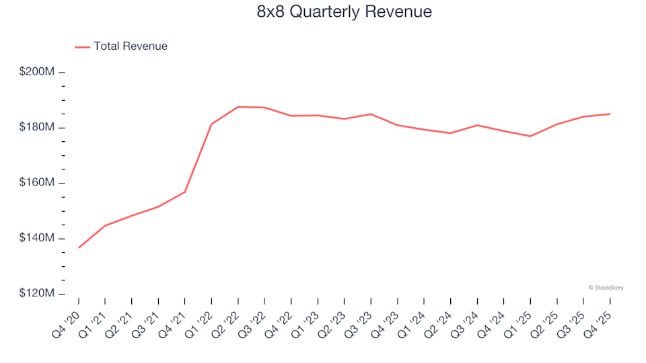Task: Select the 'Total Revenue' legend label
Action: click(x=131, y=46)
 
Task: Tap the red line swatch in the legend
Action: click(x=82, y=46)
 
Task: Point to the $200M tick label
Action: click(x=38, y=72)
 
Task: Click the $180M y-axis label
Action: click(x=38, y=128)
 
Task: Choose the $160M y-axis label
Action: click(x=38, y=183)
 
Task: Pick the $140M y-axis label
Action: click(x=38, y=239)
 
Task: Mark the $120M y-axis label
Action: click(x=38, y=294)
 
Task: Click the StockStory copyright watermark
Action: click(x=606, y=288)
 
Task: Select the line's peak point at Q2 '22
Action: click(x=238, y=107)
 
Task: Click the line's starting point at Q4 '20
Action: click(x=79, y=248)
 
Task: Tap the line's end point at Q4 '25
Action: click(x=610, y=114)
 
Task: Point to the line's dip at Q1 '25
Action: click(x=530, y=136)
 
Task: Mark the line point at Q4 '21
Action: click(x=185, y=192)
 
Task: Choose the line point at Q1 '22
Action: click(x=211, y=124)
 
